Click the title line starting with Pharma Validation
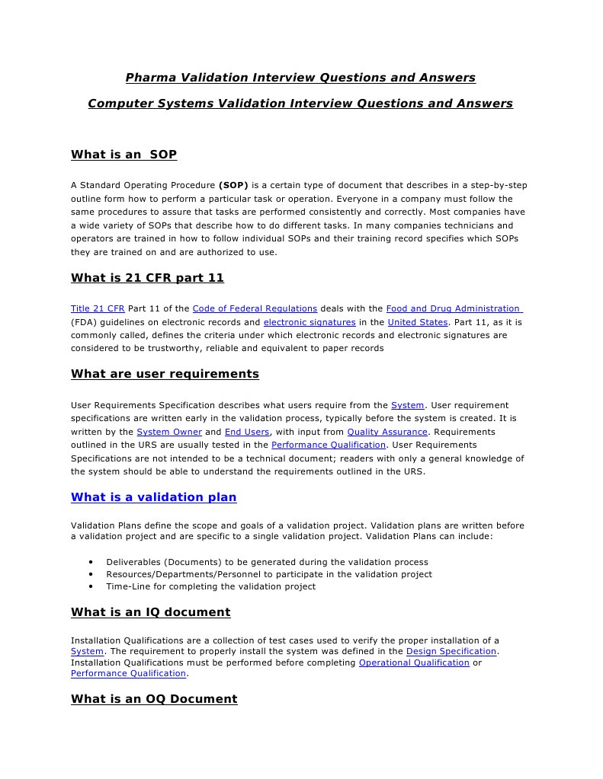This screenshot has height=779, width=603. [x=300, y=78]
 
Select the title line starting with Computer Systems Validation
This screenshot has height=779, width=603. [x=300, y=103]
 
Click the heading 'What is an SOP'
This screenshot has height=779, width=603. [x=123, y=155]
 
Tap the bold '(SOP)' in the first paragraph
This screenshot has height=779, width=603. [x=233, y=185]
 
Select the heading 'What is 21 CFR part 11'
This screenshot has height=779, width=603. [x=147, y=278]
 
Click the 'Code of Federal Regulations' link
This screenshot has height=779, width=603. [x=255, y=308]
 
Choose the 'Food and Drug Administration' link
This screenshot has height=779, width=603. [x=454, y=308]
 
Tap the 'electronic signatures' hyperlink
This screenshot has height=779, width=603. [x=310, y=322]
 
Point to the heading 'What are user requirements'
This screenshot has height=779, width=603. [x=165, y=374]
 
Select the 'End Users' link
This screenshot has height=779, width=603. [x=247, y=432]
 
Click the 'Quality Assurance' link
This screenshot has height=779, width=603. [x=387, y=432]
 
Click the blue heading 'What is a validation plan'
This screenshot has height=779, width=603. [x=153, y=497]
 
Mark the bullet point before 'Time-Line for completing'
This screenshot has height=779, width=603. [x=91, y=586]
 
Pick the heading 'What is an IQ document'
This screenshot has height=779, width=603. [x=150, y=612]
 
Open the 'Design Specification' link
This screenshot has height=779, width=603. [x=451, y=651]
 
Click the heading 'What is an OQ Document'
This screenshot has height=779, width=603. [x=154, y=699]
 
